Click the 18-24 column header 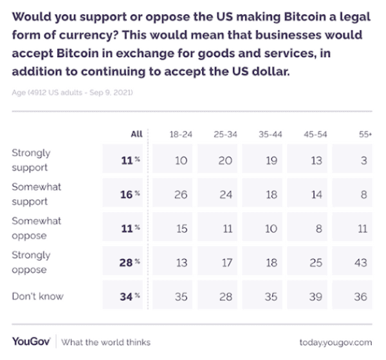181,135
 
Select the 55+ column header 363,135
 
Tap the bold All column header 136,135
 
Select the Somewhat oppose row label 37,227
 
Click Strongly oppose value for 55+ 363,263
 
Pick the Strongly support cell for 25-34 225,161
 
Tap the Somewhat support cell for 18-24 181,195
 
